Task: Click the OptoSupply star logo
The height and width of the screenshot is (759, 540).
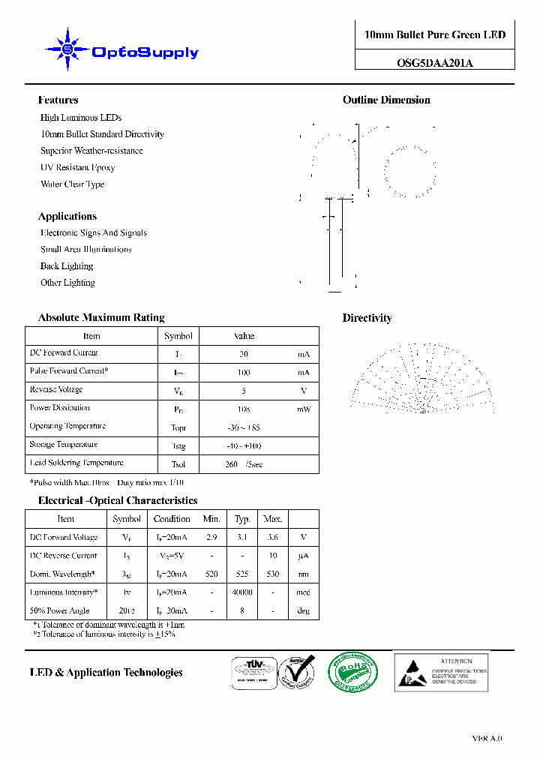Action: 67,49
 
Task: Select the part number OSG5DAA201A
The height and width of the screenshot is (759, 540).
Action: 435,63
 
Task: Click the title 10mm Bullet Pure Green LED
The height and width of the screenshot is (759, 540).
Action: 435,35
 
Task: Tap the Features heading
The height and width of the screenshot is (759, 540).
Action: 58,100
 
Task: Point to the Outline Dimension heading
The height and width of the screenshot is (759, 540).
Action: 386,100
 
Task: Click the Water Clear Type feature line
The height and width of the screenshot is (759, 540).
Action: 72,184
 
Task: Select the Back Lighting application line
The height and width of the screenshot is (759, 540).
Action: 67,266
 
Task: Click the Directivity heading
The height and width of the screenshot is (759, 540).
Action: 367,318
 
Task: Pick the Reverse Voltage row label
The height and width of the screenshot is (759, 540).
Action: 56,389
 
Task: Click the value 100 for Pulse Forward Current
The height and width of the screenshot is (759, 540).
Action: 244,372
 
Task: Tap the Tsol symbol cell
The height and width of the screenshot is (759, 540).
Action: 178,464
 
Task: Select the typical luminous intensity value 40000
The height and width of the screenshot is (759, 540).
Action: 243,592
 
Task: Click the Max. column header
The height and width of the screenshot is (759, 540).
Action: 272,519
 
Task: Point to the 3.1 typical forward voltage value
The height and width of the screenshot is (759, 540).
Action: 242,537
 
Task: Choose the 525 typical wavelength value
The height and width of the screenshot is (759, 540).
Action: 242,574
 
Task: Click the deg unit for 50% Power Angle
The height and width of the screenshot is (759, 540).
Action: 304,610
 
